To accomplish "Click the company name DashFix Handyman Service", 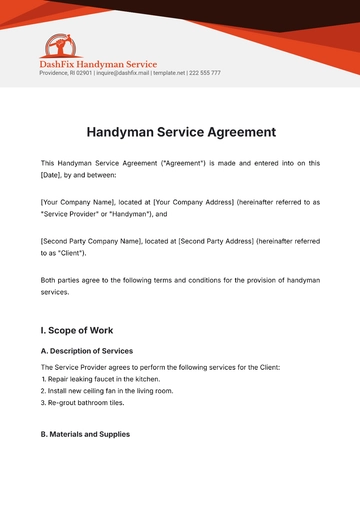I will (98, 64).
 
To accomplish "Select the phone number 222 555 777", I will (204, 73).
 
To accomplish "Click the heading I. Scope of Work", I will (77, 329).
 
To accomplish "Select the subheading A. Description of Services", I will (87, 351).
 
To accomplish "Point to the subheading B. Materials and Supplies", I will (85, 434).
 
